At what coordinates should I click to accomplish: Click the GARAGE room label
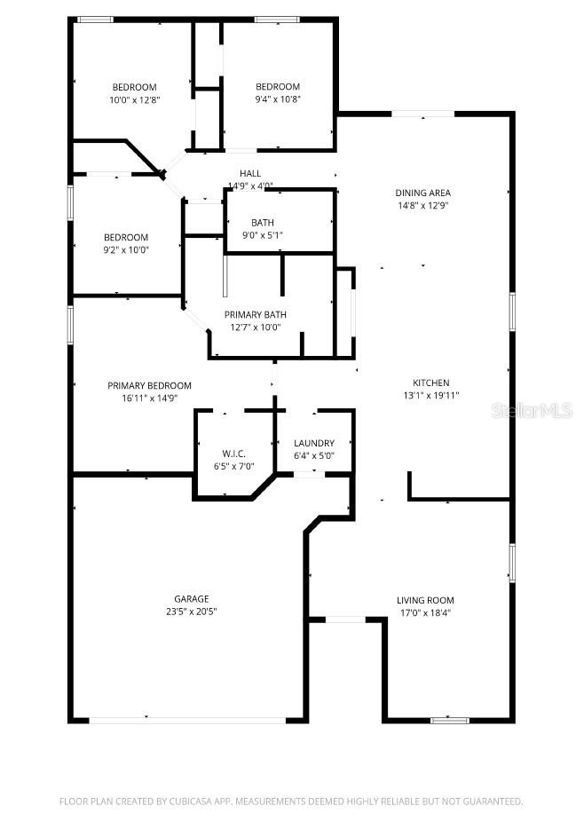point(191,599)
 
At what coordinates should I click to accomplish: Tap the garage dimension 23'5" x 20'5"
point(191,612)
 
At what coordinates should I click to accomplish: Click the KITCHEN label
point(430,383)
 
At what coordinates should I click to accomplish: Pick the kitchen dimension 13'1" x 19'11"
point(430,396)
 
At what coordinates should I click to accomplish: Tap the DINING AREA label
point(422,193)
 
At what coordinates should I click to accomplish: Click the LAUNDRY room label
point(314,443)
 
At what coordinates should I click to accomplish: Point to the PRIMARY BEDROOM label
point(149,385)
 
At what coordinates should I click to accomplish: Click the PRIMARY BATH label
point(255,315)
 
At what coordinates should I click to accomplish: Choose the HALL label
point(250,173)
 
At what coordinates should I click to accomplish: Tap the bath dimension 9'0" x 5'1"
point(263,235)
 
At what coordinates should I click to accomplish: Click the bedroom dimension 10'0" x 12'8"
point(134,99)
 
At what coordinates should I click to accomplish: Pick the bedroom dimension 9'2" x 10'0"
point(126,249)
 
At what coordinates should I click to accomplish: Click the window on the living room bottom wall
point(449,720)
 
